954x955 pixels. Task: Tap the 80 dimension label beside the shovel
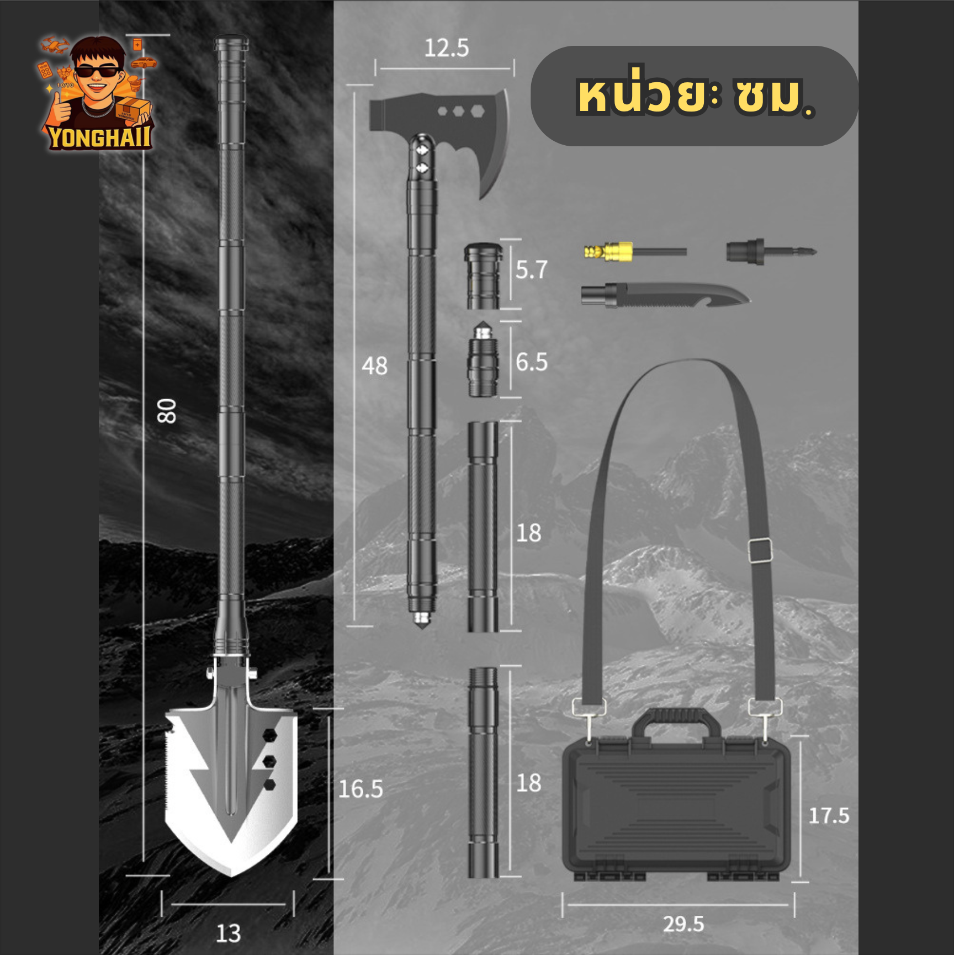click(x=167, y=411)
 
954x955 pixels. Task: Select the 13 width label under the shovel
click(x=228, y=933)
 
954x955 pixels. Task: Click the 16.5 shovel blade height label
click(x=361, y=789)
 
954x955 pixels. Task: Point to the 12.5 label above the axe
click(x=447, y=48)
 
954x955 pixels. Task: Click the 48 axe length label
click(x=375, y=366)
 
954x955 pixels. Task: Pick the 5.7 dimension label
click(x=532, y=270)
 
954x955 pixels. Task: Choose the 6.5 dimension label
click(x=532, y=362)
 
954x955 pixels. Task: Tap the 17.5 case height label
click(x=829, y=815)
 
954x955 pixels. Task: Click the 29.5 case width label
click(x=683, y=924)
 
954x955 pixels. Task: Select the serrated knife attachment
click(x=665, y=295)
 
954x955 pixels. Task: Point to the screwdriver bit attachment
click(x=771, y=252)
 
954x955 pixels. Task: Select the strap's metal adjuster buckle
click(x=760, y=550)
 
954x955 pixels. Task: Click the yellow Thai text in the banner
click(x=696, y=96)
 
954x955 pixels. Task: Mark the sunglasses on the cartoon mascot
click(x=97, y=70)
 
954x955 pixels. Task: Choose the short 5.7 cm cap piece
click(x=483, y=276)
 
